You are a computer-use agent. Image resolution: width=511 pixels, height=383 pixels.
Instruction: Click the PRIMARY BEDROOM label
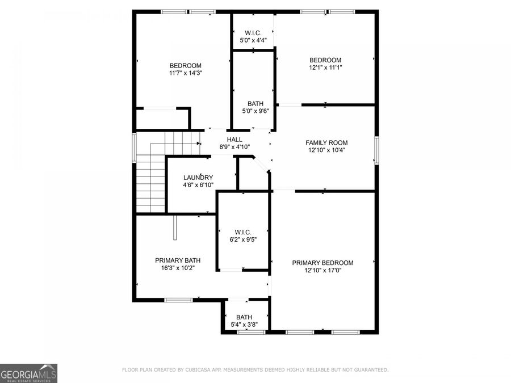[x=322, y=263]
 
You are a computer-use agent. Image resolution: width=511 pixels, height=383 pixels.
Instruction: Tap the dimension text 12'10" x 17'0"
[x=322, y=271]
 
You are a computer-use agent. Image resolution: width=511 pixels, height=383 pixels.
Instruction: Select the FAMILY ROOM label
[x=326, y=143]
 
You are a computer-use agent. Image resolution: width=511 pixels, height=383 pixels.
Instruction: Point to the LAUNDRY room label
[x=198, y=178]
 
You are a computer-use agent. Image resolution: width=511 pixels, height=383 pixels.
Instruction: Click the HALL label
[x=234, y=139]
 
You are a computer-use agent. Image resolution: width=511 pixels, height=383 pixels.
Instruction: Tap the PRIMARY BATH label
[x=178, y=260]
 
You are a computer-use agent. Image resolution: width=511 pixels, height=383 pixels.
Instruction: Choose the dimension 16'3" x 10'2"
[x=178, y=268]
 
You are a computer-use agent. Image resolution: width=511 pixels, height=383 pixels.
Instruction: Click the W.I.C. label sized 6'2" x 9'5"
[x=243, y=232]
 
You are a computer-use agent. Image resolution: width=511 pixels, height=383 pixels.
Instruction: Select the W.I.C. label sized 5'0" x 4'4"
[x=253, y=33]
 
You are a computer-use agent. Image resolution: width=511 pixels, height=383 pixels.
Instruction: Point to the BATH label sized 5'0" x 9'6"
[x=256, y=104]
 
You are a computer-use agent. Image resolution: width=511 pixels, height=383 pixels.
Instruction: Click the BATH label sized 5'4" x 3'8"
[x=244, y=317]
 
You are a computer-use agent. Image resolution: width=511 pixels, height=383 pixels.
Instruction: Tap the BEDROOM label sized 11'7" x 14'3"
[x=186, y=65]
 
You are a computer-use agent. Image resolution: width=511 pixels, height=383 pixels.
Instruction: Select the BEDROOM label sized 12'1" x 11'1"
[x=325, y=60]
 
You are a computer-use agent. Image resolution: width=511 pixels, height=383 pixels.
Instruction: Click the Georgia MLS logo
[x=28, y=373]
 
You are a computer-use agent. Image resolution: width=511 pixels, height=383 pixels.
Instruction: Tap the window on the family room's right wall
[x=376, y=150]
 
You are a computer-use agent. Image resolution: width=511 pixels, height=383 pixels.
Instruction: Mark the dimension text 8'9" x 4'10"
[x=234, y=147]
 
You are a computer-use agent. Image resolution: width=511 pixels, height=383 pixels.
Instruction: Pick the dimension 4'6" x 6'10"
[x=198, y=186]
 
